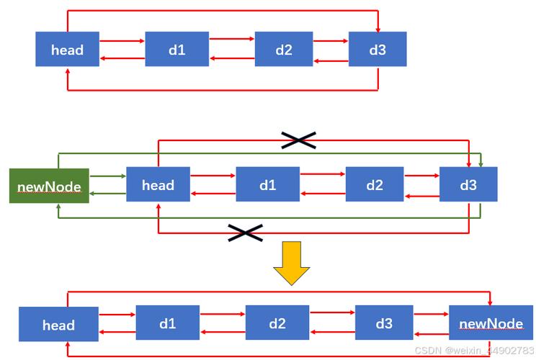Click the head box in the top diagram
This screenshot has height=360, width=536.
coord(68,50)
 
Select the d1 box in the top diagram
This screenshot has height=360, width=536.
coord(177,50)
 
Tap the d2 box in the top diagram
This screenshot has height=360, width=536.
coord(284,50)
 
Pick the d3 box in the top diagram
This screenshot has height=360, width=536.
coord(378,50)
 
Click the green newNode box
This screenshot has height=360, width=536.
coord(49,186)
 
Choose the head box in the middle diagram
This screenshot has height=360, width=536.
coord(158,185)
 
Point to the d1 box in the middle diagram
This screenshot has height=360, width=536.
coord(267,185)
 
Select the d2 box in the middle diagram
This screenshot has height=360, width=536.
coord(375,185)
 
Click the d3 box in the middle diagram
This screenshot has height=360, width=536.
coord(468,185)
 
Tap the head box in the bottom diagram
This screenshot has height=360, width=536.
coord(58,325)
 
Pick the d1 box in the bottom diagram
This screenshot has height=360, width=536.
coord(168,323)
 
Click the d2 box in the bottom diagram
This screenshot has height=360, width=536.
coord(277,323)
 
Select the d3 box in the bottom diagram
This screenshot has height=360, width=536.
coord(384,323)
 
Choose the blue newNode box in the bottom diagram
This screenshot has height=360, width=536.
coord(491,323)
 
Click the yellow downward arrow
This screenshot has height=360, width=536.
coord(291,264)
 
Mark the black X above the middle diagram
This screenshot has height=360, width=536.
coord(298,140)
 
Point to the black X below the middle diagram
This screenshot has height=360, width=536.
coord(245,232)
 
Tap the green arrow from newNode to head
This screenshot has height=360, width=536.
coord(107,175)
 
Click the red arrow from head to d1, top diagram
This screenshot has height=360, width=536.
coord(122,41)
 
